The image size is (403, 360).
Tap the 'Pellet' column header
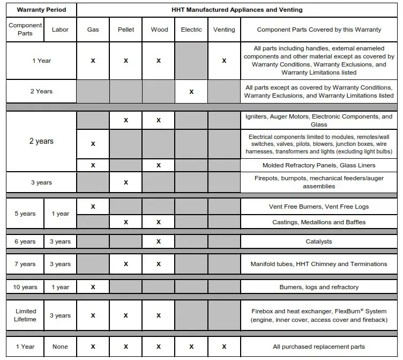(x=126, y=30)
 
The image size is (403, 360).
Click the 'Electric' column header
(x=191, y=30)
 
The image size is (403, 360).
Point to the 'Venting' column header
(x=224, y=30)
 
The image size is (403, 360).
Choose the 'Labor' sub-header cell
(x=60, y=30)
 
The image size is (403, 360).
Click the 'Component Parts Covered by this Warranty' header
(x=319, y=30)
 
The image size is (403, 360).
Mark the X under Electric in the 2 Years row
(x=191, y=92)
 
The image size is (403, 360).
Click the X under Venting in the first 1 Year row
(x=224, y=61)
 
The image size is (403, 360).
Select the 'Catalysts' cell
(x=319, y=241)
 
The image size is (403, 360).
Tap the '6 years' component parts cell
(x=25, y=241)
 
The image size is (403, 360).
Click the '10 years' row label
(x=25, y=287)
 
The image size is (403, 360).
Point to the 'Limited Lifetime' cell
(x=25, y=315)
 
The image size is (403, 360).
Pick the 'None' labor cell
(x=60, y=347)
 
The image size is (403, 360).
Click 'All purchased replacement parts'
(x=319, y=347)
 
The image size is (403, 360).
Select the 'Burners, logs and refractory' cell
(x=319, y=287)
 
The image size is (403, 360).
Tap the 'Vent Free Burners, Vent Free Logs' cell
(x=319, y=207)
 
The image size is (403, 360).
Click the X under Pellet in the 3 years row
(x=126, y=182)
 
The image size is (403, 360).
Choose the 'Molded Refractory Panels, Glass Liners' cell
(x=319, y=165)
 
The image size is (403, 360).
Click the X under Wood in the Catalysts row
(x=159, y=241)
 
